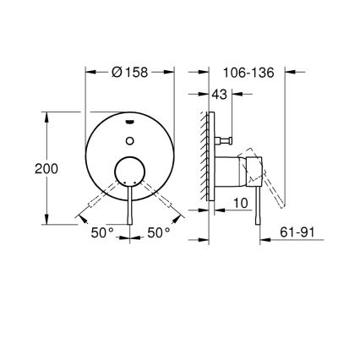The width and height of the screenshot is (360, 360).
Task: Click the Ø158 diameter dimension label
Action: (x=130, y=73)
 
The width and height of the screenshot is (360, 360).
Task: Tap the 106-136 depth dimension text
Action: (x=251, y=73)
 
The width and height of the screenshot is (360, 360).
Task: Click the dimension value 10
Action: (x=241, y=204)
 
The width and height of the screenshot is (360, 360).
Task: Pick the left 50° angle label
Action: (x=102, y=232)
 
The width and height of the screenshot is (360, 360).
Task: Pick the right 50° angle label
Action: (x=158, y=232)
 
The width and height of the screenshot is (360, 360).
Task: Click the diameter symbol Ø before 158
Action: (x=116, y=73)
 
